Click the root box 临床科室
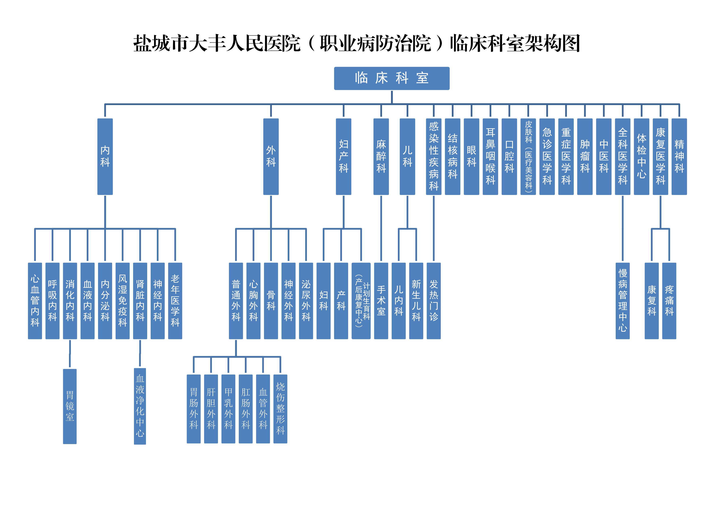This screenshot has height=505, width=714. (x=392, y=78)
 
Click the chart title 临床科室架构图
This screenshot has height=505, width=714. (x=356, y=43)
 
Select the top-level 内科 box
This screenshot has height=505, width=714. (x=105, y=157)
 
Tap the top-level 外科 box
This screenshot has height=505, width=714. (x=271, y=157)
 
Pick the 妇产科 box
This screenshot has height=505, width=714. (x=343, y=157)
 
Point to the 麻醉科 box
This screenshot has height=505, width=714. (x=381, y=157)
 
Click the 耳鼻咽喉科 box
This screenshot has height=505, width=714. (x=490, y=157)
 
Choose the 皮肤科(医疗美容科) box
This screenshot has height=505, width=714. (x=528, y=157)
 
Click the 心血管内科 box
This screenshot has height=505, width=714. (x=35, y=301)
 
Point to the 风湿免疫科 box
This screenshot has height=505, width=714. (x=123, y=301)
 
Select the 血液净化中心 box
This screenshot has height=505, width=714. (x=140, y=406)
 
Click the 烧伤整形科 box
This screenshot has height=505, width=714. (x=280, y=408)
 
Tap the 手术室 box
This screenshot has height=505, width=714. (x=381, y=301)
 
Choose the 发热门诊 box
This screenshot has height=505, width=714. (x=434, y=301)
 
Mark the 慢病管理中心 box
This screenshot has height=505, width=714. (x=623, y=301)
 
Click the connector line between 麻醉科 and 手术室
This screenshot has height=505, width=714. (x=381, y=229)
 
